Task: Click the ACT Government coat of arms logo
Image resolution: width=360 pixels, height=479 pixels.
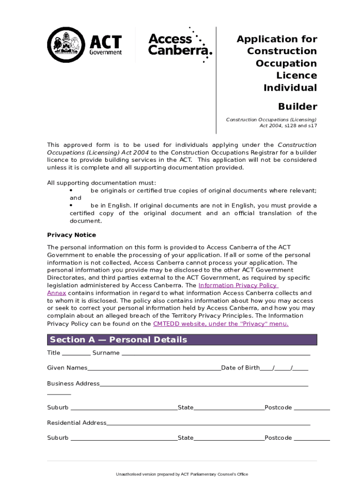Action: [65, 45]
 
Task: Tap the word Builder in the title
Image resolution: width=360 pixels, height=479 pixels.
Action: [297, 106]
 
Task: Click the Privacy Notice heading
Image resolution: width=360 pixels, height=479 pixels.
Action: [71, 235]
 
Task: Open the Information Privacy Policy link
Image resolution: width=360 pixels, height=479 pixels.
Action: [238, 285]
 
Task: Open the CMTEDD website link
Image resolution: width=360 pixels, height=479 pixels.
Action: [221, 324]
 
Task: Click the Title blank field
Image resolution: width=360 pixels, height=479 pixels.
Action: [76, 353]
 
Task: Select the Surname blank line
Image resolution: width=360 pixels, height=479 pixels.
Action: [216, 353]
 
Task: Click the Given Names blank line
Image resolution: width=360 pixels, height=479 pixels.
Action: [154, 368]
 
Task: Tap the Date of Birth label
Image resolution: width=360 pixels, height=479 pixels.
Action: [240, 368]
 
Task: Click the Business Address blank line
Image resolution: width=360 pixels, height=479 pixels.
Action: [204, 384]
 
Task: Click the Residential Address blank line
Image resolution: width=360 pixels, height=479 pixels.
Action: [208, 423]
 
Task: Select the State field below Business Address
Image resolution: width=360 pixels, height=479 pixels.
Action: [229, 408]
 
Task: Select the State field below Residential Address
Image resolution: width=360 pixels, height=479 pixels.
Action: [229, 438]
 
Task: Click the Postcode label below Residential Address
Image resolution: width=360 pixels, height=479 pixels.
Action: [278, 438]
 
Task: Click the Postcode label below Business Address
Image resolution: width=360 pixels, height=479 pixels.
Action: [278, 407]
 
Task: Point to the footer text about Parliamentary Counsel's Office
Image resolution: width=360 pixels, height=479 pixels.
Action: [182, 474]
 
